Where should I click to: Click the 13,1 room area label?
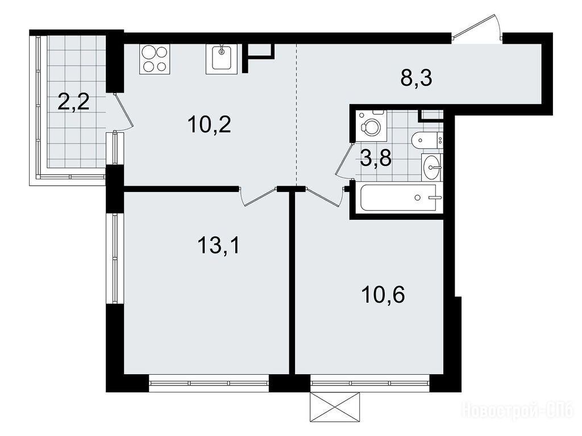(219, 245)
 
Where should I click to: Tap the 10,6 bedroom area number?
(383, 295)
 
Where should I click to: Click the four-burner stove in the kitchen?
(155, 58)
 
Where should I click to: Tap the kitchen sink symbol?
(222, 58)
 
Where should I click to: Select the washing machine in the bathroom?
(372, 125)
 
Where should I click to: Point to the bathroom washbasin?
(431, 167)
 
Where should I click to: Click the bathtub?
(400, 198)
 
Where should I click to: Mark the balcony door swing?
(123, 111)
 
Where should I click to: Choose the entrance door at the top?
(477, 27)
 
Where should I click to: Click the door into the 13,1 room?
(259, 196)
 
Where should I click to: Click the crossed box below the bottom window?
(335, 406)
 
